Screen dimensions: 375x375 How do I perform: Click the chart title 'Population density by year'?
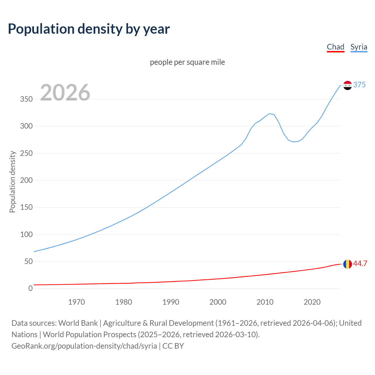coord(88,29)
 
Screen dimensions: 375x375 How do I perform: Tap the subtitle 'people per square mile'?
coord(187,62)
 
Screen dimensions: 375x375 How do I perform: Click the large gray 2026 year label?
coord(65,93)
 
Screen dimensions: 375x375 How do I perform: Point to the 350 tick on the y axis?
coord(26,99)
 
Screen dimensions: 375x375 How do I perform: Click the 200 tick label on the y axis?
coord(26,180)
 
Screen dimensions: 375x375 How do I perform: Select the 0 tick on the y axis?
coord(30,289)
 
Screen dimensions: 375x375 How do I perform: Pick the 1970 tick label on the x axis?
coord(76,302)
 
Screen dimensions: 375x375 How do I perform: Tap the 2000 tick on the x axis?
coord(218,302)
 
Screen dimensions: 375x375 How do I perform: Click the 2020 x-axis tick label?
coord(312,302)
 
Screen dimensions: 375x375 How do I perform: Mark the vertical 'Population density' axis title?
coord(12,182)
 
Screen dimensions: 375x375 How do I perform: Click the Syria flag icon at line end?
coord(347,85)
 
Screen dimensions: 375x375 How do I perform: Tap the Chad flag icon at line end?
coord(347,264)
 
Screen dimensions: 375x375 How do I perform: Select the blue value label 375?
coord(359,85)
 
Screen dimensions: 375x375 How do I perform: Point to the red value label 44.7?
coord(360,263)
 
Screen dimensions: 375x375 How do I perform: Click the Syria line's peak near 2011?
coord(270,114)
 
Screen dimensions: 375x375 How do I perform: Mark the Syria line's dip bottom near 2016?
coord(293,142)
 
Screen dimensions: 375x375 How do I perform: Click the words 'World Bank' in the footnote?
coord(78,323)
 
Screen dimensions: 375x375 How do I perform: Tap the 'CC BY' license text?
coord(173,346)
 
